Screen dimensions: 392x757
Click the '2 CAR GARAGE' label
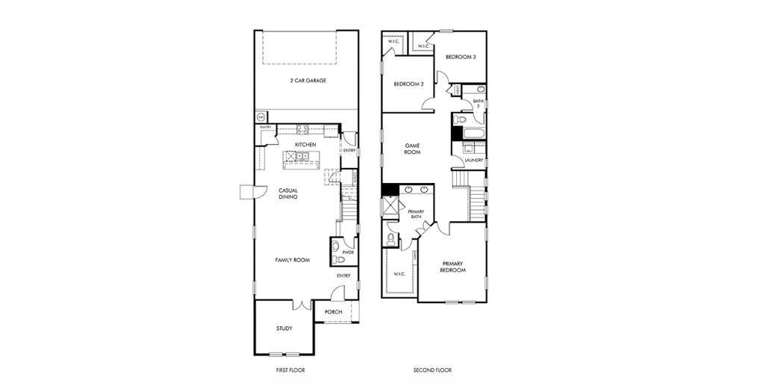308,81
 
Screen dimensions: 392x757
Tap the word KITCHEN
305,144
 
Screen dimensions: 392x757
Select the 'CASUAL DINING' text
288,193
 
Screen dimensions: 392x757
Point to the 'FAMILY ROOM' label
292,260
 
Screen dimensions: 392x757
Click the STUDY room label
284,329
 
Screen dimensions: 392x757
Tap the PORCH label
333,312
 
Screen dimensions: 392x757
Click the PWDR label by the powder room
347,252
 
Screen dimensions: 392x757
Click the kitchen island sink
302,156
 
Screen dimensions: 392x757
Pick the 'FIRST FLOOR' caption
290,370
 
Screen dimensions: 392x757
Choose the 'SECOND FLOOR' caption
432,370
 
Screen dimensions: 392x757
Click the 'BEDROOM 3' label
461,57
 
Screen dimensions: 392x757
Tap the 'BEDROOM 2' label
408,84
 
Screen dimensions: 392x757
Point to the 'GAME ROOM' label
413,149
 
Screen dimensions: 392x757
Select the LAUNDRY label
473,161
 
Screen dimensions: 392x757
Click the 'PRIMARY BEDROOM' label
453,267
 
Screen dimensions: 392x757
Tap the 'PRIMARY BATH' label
415,214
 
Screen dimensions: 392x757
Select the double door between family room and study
301,305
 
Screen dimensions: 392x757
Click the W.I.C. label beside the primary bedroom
399,274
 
